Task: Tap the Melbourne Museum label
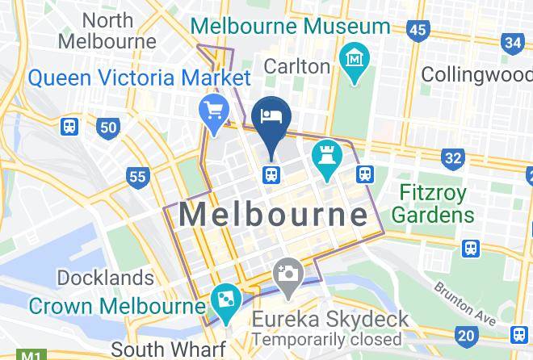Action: pyautogui.click(x=290, y=26)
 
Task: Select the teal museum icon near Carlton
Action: pyautogui.click(x=355, y=59)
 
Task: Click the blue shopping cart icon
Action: pyautogui.click(x=214, y=111)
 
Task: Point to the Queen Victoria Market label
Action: pyautogui.click(x=138, y=78)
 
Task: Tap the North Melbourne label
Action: pyautogui.click(x=107, y=30)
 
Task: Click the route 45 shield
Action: pyautogui.click(x=418, y=31)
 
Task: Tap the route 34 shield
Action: pyautogui.click(x=512, y=42)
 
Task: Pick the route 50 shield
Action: pyautogui.click(x=109, y=127)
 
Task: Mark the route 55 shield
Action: pyautogui.click(x=138, y=176)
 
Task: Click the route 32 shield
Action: pyautogui.click(x=453, y=157)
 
